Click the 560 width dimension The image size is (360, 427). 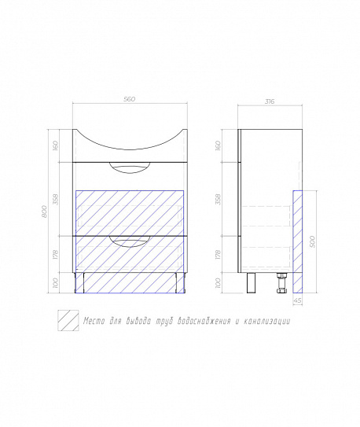click(129, 99)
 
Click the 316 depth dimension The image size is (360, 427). click(270, 101)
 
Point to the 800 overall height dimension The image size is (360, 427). click(45, 212)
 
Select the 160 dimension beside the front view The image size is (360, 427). click(56, 145)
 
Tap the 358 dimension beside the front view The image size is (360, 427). click(56, 199)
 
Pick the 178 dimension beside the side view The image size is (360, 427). click(218, 254)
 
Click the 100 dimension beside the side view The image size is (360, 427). click(218, 283)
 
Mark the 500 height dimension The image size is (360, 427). click(312, 241)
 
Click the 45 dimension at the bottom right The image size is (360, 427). click(298, 300)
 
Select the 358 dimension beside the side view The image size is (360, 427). click(218, 199)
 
